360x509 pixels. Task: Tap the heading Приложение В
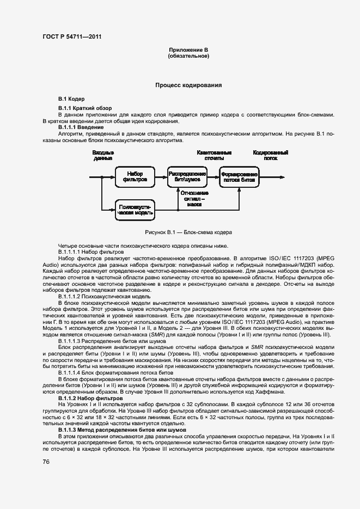click(x=188, y=51)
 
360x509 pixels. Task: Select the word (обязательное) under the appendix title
click(x=188, y=57)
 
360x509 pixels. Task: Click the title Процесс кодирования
click(x=188, y=85)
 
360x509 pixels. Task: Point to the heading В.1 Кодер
click(x=71, y=100)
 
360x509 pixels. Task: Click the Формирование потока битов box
click(x=239, y=176)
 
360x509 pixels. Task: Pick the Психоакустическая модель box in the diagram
click(x=135, y=211)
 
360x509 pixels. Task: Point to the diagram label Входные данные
click(x=102, y=156)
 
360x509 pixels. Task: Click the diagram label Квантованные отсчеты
click(x=214, y=156)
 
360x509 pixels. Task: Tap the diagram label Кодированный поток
click(x=271, y=156)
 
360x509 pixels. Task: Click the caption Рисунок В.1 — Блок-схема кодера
click(x=188, y=232)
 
